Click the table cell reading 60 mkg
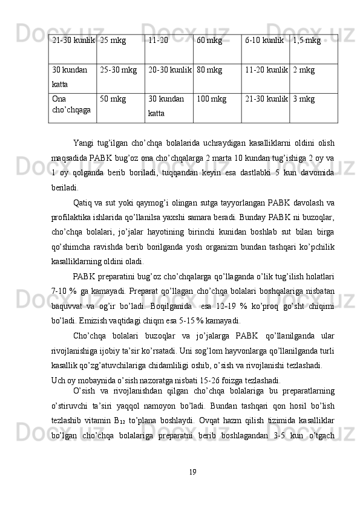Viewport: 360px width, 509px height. point(209,41)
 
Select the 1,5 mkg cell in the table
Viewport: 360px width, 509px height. point(306,41)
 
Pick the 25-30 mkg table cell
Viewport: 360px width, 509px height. point(119,71)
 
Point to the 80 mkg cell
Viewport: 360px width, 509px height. point(209,71)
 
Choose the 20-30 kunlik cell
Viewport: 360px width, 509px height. point(169,71)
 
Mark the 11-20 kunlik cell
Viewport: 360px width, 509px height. point(266,71)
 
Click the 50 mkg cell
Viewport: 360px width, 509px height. point(113,100)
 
